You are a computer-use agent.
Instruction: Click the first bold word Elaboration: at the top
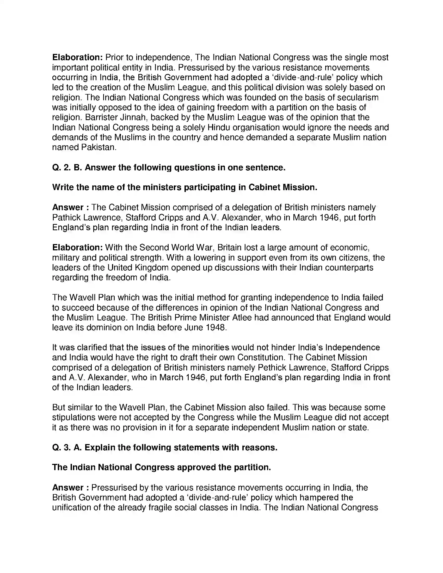(77, 57)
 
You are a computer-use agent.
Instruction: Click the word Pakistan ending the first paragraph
(99, 147)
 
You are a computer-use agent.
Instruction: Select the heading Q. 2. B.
(67, 167)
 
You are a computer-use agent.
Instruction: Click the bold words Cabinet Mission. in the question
(283, 187)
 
